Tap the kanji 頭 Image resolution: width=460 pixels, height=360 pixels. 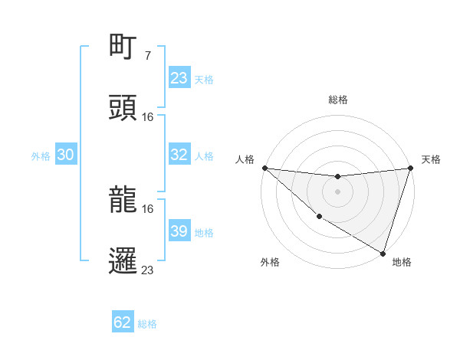click(x=124, y=109)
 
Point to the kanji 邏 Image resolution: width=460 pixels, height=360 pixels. click(x=124, y=260)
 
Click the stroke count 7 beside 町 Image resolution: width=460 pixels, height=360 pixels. click(x=147, y=56)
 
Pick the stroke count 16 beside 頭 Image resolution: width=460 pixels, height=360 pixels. click(x=148, y=117)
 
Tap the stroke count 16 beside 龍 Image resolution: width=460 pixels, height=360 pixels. click(x=148, y=208)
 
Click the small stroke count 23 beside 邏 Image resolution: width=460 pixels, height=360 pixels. click(x=148, y=269)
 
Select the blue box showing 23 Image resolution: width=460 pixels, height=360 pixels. click(x=179, y=78)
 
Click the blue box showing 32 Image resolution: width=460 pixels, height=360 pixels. click(x=179, y=155)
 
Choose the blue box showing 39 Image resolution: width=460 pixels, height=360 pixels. click(x=179, y=231)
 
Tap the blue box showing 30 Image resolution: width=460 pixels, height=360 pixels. click(x=66, y=155)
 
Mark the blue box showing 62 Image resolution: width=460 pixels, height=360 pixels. click(x=123, y=322)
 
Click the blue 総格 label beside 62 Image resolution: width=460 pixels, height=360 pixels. click(x=147, y=324)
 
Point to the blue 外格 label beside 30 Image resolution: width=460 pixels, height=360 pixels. click(x=41, y=156)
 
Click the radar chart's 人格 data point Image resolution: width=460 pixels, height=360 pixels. click(x=264, y=168)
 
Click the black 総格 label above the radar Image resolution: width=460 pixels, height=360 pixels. click(x=337, y=100)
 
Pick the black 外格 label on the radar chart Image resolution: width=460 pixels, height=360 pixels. click(x=270, y=262)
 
